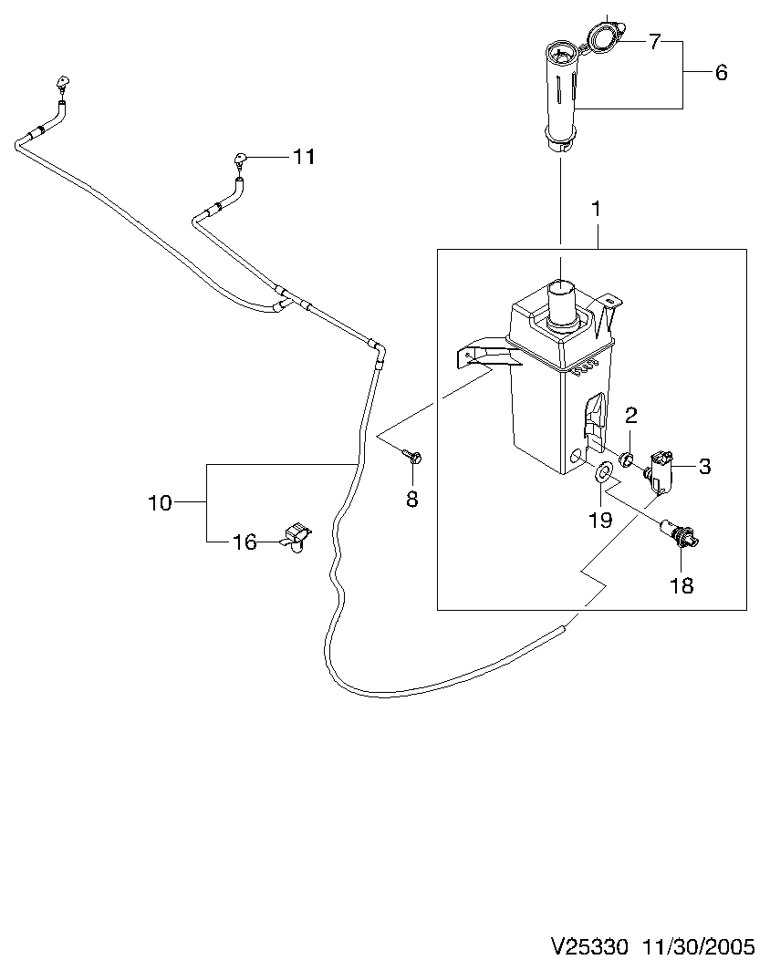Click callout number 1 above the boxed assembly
596,209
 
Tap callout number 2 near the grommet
630,415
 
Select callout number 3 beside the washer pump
704,466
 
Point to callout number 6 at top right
721,72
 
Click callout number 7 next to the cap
655,41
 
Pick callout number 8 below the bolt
412,499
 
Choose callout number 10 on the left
160,502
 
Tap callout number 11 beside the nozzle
303,157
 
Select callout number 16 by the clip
245,542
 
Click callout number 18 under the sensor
682,585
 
